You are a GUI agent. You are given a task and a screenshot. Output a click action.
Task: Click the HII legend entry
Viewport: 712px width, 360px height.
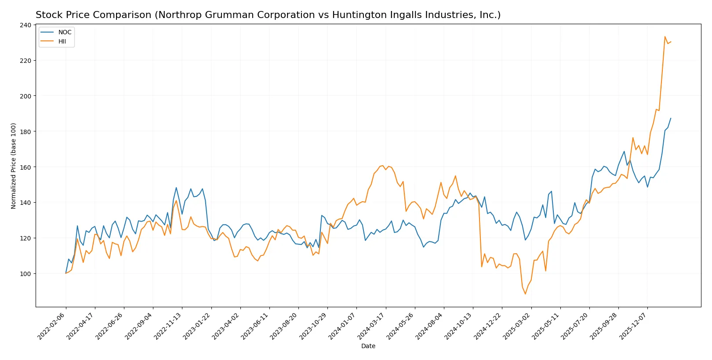pyautogui.click(x=62, y=41)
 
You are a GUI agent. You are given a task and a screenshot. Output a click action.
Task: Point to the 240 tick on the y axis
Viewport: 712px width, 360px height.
pyautogui.click(x=25, y=25)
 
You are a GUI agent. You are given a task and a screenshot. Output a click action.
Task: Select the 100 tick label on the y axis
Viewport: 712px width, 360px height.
pyautogui.click(x=25, y=273)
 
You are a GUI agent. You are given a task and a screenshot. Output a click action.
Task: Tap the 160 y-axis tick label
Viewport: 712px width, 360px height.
pyautogui.click(x=25, y=167)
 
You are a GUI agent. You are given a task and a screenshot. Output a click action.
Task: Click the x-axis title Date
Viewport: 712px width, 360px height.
pyautogui.click(x=368, y=346)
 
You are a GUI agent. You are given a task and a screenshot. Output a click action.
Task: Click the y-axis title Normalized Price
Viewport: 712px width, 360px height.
pyautogui.click(x=14, y=166)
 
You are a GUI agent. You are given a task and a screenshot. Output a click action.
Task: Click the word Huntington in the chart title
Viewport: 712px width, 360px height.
pyautogui.click(x=355, y=15)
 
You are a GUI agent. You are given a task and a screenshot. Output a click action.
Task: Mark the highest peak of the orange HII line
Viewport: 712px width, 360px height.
pyautogui.click(x=665, y=36)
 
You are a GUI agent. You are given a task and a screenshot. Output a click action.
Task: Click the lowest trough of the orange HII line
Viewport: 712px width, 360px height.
pyautogui.click(x=525, y=294)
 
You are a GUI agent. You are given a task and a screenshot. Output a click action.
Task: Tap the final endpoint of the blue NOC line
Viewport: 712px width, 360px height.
pyautogui.click(x=671, y=118)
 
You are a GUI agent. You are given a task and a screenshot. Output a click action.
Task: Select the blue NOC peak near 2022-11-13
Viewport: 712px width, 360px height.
pyautogui.click(x=176, y=188)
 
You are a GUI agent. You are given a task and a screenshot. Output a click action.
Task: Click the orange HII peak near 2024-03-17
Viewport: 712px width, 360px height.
pyautogui.click(x=383, y=166)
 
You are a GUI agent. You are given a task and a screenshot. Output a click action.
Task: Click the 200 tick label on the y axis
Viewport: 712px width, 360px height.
pyautogui.click(x=25, y=96)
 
